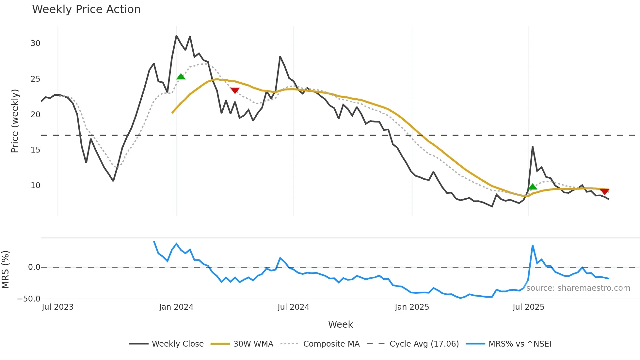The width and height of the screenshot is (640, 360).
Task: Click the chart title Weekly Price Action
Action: pyautogui.click(x=86, y=9)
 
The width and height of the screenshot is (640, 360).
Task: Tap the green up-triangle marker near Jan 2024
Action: pyautogui.click(x=181, y=77)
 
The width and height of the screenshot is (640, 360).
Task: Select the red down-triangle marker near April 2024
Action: pyautogui.click(x=235, y=90)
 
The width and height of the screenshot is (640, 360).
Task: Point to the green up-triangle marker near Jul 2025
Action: pyautogui.click(x=533, y=187)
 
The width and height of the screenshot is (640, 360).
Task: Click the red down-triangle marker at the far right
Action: pyautogui.click(x=605, y=191)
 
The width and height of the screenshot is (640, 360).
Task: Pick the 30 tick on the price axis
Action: pyautogui.click(x=35, y=43)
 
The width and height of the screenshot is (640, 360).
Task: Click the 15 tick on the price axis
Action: pyautogui.click(x=35, y=150)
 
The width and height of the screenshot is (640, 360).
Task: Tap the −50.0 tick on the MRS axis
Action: pyautogui.click(x=29, y=299)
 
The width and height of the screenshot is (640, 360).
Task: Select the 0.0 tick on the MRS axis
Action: pyautogui.click(x=34, y=267)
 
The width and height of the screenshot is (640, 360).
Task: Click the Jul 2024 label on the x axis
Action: pyautogui.click(x=293, y=307)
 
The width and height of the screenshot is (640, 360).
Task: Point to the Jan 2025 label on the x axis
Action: pyautogui.click(x=411, y=307)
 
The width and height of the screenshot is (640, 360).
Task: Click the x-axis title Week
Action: pyautogui.click(x=340, y=324)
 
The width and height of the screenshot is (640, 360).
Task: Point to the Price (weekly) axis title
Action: pyautogui.click(x=15, y=121)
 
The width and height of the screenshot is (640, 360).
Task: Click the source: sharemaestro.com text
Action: pyautogui.click(x=578, y=288)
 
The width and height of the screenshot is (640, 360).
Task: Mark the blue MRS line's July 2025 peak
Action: pyautogui.click(x=533, y=245)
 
